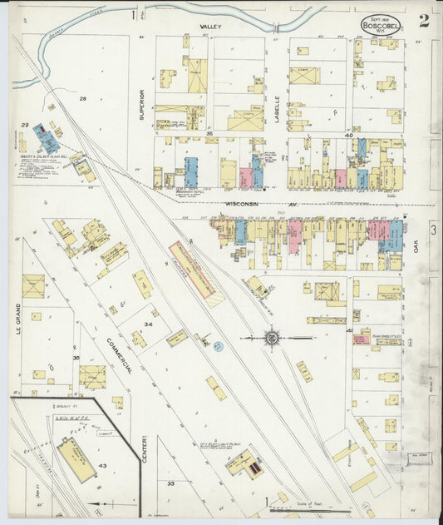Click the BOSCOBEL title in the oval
pos(380,25)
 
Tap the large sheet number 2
pos(424,21)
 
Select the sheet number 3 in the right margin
pos(434,228)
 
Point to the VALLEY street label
pos(211,27)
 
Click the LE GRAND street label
pos(16,317)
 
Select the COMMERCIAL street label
pos(118,351)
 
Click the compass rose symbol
pos(272,338)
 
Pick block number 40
pos(349,133)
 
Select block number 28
pos(82,99)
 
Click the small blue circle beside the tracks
pos(218,345)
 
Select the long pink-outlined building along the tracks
pos(192,269)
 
